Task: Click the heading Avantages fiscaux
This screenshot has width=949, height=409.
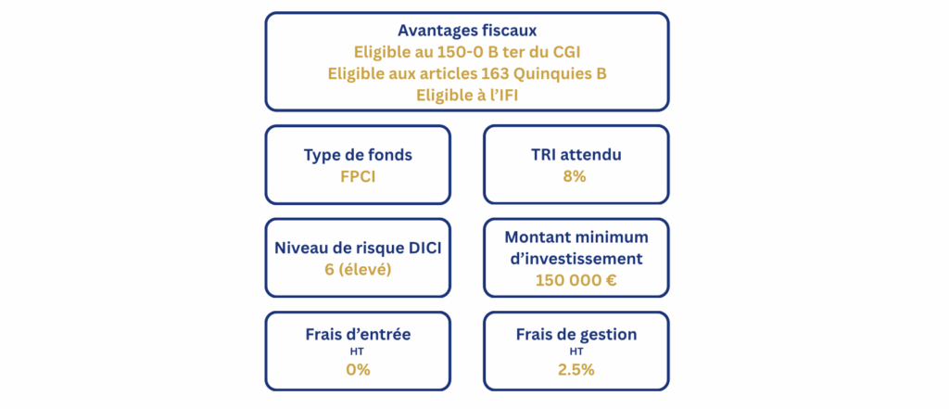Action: tap(467, 30)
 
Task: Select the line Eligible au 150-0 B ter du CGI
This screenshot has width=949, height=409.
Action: tap(467, 52)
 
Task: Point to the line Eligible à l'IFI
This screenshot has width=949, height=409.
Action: tap(467, 96)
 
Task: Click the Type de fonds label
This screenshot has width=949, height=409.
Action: tap(358, 155)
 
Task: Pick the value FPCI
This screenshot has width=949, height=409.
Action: tap(358, 176)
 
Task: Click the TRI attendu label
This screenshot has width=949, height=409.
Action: tap(576, 155)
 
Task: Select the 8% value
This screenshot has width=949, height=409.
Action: tap(575, 176)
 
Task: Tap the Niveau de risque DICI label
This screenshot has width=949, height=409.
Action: tap(358, 249)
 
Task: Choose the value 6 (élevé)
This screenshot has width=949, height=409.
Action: tap(358, 270)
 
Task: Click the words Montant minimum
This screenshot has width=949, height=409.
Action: tap(576, 236)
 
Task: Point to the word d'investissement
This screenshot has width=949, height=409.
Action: tap(576, 259)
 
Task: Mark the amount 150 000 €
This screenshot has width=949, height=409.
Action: tap(576, 280)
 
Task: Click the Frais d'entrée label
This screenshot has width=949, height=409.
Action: tap(358, 335)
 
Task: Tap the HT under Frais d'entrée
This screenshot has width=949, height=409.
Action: tap(358, 351)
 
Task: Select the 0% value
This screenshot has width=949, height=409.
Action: tap(358, 370)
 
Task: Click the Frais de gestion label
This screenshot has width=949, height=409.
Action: tap(576, 335)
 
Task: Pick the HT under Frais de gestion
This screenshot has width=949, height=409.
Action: tap(576, 351)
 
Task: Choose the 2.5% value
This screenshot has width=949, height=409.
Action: tap(576, 370)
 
